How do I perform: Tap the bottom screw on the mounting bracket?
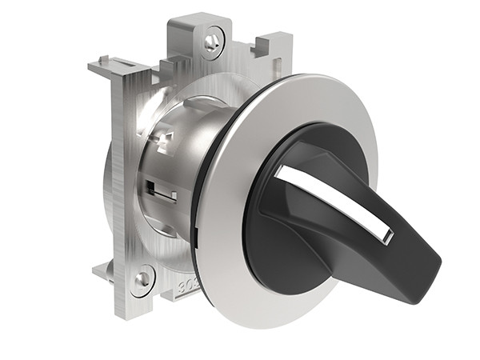[142, 279]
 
